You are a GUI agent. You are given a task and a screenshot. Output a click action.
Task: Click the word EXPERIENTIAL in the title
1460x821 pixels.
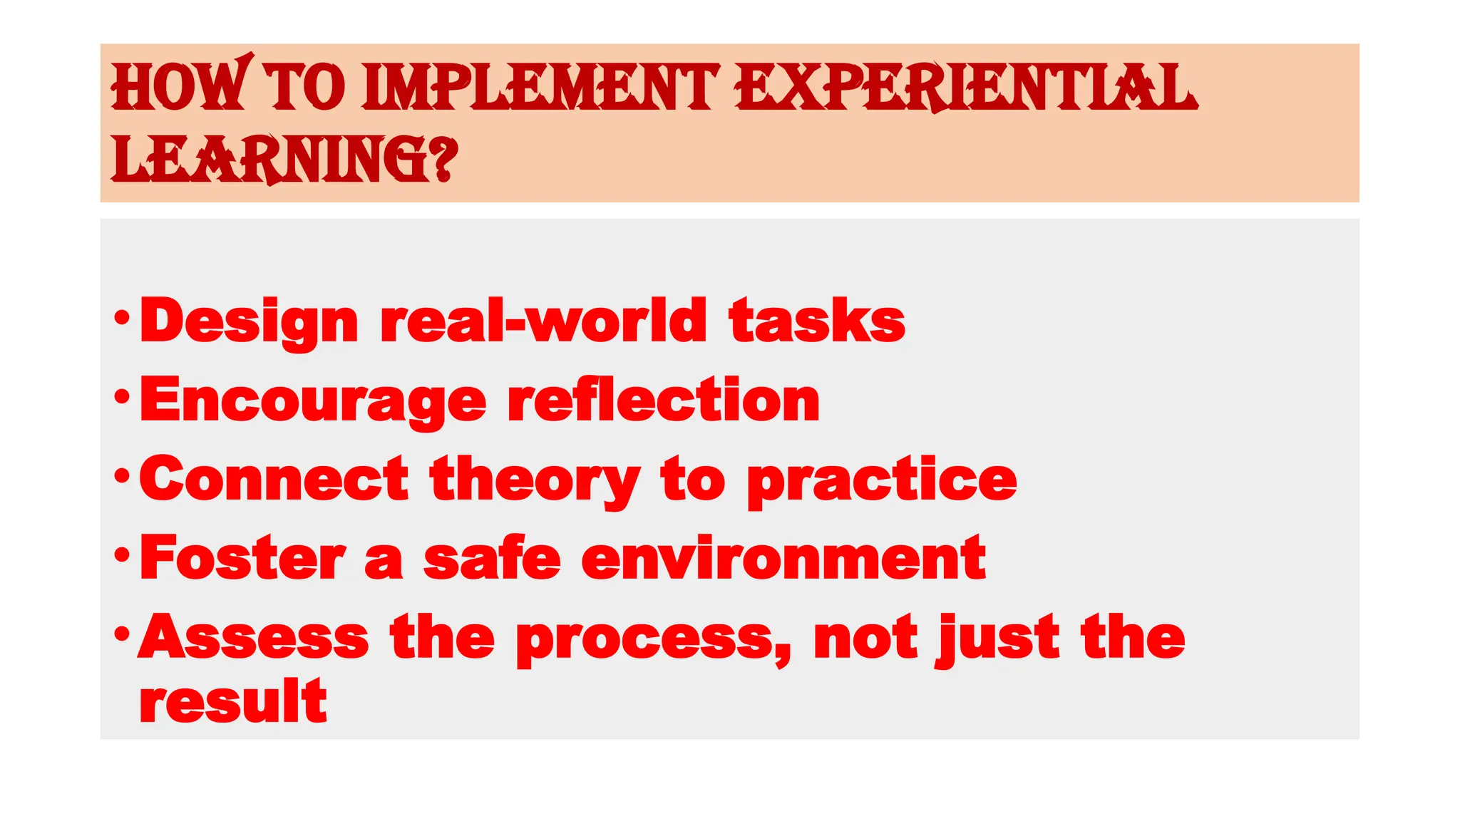pos(966,87)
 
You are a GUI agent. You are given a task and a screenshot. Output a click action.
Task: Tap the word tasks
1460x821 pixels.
pos(817,321)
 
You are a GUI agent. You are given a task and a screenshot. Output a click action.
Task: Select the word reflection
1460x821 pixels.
pos(664,400)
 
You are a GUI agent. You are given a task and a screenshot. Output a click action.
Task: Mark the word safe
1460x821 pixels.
pos(492,558)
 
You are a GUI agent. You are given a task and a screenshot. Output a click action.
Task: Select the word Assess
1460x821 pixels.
pos(254,636)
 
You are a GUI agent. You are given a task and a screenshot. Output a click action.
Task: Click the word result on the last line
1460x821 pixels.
pos(233,701)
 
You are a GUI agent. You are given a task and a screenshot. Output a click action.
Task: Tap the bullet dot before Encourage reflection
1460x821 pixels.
pos(122,396)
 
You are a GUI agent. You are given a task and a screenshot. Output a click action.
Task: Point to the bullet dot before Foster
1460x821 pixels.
pos(122,554)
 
